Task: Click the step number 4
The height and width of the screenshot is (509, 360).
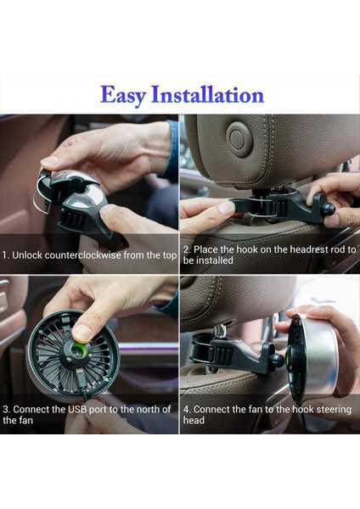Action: pos(185,409)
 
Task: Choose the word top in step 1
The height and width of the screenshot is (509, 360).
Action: pos(168,255)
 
